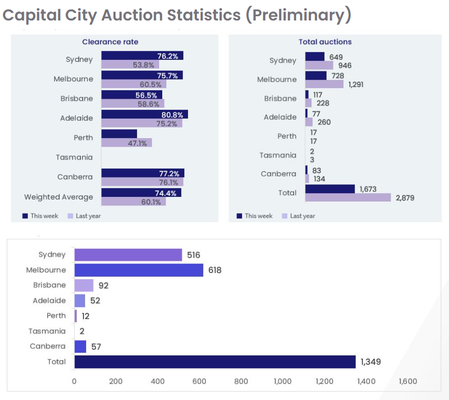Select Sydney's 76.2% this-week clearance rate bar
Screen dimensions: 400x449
[142, 56]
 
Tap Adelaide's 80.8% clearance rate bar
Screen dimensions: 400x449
[144, 114]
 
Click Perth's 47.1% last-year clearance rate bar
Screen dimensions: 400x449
[126, 143]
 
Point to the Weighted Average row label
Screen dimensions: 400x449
[58, 197]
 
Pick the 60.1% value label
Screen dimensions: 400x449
[151, 202]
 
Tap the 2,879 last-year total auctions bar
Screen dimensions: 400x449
[348, 197]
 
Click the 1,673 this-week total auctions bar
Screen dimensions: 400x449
[330, 189]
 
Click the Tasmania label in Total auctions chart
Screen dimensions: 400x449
[278, 155]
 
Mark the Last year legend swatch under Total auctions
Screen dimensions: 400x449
[285, 216]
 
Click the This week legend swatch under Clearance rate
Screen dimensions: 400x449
[25, 216]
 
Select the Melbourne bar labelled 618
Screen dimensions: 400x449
[139, 270]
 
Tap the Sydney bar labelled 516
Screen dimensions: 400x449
[128, 255]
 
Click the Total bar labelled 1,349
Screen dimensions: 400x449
[215, 362]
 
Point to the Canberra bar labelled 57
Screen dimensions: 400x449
[80, 346]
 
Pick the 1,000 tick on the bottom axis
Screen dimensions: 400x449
[283, 382]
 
